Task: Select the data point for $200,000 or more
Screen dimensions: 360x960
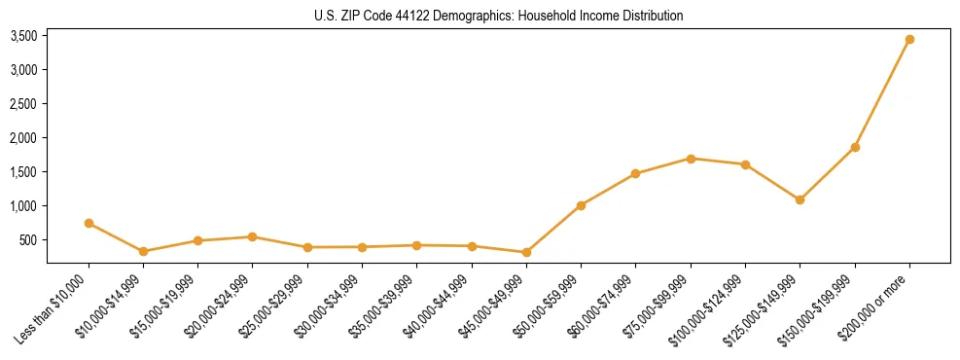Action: click(909, 40)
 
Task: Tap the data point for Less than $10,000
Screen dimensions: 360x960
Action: click(89, 223)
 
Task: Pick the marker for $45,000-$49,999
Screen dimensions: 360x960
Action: click(526, 252)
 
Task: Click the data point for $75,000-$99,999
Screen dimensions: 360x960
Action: click(691, 159)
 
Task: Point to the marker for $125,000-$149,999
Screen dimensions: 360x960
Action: click(800, 199)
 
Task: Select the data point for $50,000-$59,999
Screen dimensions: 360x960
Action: click(581, 205)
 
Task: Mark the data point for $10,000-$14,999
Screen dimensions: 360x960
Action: click(143, 251)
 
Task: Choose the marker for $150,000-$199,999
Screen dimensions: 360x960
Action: click(855, 147)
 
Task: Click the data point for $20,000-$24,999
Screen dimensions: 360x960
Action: click(253, 236)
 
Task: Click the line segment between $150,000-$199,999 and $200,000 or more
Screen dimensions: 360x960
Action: click(882, 93)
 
